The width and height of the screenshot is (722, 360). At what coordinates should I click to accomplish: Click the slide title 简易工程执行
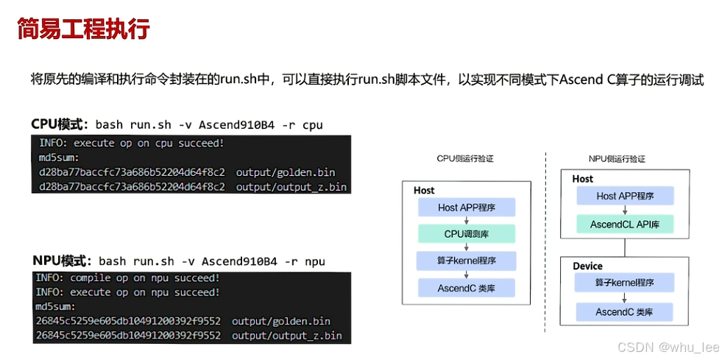83,29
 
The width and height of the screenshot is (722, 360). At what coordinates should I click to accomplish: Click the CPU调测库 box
467,234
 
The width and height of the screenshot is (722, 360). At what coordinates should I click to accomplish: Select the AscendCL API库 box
625,224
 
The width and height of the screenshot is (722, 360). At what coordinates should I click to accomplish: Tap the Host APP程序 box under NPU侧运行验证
625,196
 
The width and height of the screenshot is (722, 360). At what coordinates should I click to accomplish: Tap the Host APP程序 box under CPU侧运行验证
467,208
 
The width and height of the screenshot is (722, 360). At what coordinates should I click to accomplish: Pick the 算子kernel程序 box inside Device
625,283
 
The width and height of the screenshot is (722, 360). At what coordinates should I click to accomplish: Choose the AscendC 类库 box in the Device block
625,312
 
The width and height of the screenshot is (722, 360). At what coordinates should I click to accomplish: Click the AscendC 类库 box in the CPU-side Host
467,288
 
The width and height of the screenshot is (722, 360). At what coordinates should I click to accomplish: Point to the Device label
587,266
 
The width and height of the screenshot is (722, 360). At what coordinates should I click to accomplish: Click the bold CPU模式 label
59,124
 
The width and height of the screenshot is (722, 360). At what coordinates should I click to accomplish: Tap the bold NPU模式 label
61,261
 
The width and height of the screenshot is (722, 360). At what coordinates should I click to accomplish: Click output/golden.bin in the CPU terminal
286,172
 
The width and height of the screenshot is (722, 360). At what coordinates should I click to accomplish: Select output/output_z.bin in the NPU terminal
286,335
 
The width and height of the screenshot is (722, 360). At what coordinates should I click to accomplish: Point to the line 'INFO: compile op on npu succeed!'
127,278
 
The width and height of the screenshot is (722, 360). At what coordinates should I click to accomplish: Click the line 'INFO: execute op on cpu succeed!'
131,143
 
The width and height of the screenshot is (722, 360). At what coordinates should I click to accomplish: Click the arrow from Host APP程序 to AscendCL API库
625,210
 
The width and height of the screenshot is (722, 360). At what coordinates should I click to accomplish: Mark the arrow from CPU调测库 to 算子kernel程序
467,247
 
